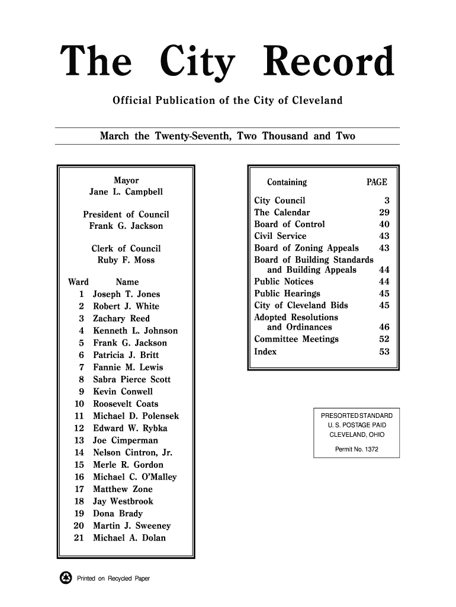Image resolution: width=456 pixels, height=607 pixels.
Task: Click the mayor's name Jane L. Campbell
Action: coord(126,193)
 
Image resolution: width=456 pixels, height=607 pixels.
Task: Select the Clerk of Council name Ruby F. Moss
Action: coord(126,260)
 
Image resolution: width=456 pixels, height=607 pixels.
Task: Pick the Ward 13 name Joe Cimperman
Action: coord(126,440)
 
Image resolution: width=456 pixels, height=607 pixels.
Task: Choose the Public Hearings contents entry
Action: coord(287,293)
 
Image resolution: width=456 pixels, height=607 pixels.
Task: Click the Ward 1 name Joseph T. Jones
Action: coord(127,294)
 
